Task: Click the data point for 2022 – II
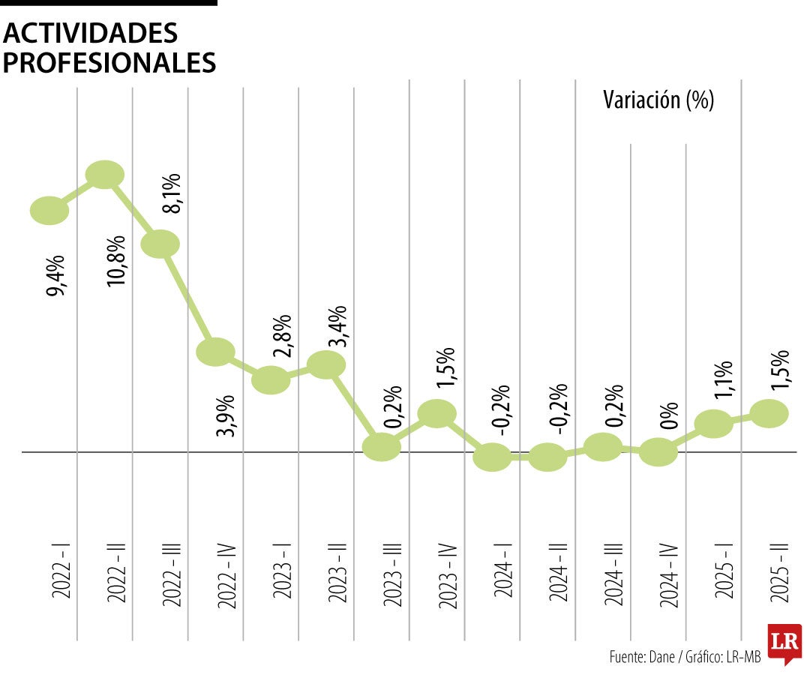[105, 175]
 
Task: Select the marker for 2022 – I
[49, 211]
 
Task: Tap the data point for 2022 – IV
[215, 351]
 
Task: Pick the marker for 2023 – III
[381, 446]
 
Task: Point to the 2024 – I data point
[492, 456]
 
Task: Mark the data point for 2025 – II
[769, 412]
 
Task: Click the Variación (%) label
[658, 100]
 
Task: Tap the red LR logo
[784, 643]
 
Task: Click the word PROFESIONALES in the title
[109, 62]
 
